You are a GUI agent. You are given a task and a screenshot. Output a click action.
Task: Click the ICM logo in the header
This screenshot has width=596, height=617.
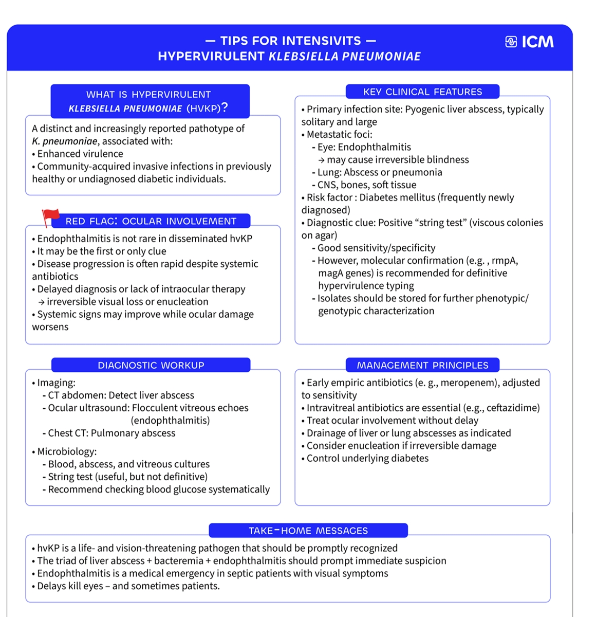(530, 42)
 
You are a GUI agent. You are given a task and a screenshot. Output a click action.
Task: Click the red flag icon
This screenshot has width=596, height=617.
(50, 217)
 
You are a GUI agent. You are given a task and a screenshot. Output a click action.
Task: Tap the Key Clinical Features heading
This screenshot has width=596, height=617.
(422, 92)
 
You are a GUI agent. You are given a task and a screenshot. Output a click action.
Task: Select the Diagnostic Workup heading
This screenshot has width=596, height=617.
(151, 366)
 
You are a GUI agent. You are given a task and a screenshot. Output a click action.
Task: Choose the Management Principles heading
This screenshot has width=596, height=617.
(422, 366)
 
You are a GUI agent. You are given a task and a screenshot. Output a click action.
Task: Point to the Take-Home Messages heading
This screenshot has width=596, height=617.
(308, 531)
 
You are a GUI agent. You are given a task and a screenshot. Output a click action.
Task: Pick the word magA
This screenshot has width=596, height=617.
(330, 274)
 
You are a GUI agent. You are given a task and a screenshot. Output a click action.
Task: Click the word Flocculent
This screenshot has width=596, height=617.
(157, 408)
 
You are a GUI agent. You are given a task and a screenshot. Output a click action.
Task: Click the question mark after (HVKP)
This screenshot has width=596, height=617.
(225, 107)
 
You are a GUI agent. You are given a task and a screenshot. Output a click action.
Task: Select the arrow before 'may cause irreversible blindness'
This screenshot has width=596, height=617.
(321, 160)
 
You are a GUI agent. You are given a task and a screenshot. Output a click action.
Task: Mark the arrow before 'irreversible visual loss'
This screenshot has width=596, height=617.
(41, 302)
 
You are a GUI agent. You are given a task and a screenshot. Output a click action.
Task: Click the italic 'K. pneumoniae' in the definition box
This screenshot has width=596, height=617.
(64, 141)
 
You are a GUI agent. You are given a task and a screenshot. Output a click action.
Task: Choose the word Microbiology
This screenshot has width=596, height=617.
(67, 452)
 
